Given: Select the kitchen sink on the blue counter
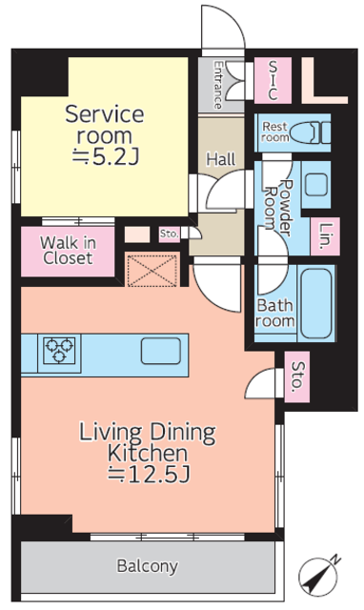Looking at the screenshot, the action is click(161, 351).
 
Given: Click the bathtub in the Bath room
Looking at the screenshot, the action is click(316, 303).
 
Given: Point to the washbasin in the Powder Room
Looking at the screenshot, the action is click(315, 184).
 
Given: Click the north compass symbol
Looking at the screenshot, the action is click(318, 576).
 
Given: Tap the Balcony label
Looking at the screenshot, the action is click(148, 566).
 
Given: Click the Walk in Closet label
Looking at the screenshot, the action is click(68, 251).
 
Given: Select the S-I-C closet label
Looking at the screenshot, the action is click(273, 80).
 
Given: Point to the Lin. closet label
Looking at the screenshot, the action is click(326, 236).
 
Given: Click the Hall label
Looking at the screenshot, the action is click(221, 159).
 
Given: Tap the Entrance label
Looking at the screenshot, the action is click(218, 85).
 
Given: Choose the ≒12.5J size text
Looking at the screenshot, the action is click(149, 475).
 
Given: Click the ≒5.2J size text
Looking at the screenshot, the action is click(106, 156).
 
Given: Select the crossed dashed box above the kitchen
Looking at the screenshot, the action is click(152, 270).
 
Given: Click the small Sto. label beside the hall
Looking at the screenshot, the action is click(170, 234).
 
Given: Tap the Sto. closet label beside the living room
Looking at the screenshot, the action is click(297, 376).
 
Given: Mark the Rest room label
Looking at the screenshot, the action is click(275, 132).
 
